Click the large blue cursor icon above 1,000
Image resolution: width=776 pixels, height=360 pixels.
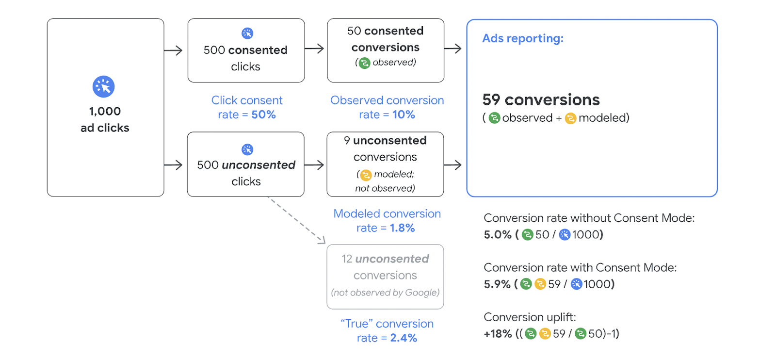point(103,87)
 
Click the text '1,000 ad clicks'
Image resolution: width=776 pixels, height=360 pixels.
point(105,119)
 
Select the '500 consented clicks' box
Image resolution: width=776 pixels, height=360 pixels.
point(246,50)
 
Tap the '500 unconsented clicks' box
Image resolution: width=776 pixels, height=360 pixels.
point(246,164)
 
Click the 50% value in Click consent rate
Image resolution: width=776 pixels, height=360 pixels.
point(263,115)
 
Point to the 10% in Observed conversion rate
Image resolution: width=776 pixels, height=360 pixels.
point(404,115)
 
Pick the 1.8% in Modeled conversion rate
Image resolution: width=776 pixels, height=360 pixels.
point(402,228)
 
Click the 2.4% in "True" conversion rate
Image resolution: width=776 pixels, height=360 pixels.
point(404,338)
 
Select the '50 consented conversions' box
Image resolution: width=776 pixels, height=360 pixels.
point(386,50)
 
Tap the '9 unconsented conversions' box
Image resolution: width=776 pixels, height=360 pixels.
point(385,164)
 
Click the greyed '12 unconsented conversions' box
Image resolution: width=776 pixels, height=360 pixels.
point(385,277)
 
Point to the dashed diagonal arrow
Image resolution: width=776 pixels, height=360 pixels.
point(297,220)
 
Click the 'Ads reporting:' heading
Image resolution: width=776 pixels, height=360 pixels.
point(522,38)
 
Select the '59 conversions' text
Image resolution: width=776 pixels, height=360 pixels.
point(541,100)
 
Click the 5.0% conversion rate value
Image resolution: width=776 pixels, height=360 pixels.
point(498,235)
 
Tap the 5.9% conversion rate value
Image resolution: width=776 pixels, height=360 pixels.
point(497,284)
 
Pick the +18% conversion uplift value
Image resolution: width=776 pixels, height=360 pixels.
point(498,334)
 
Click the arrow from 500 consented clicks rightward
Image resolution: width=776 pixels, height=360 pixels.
point(314,49)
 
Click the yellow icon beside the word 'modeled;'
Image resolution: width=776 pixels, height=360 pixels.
point(366,175)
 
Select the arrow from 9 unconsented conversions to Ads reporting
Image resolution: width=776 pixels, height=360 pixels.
point(453,165)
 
